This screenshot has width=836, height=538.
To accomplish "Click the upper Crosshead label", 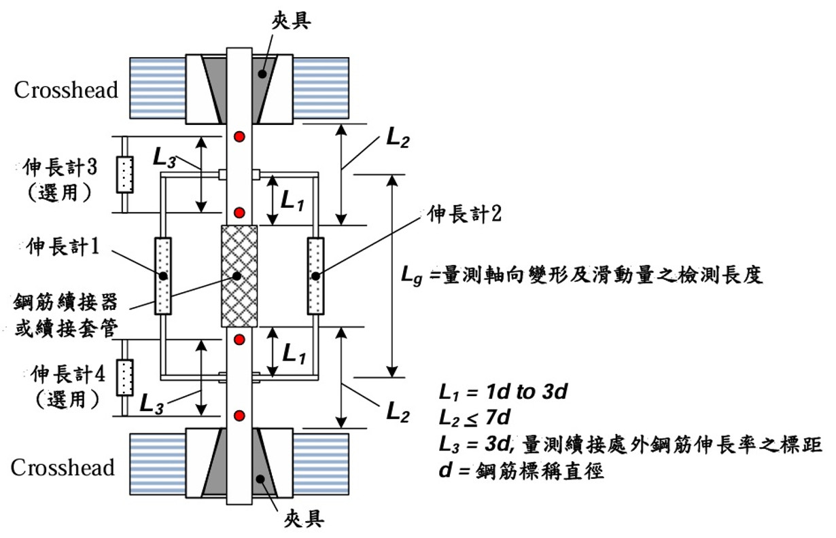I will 66,90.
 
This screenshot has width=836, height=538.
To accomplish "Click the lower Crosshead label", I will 63,468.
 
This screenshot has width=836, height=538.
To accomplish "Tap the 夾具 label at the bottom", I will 302,520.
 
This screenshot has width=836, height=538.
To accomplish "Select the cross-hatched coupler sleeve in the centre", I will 239,276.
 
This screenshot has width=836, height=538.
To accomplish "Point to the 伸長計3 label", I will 66,166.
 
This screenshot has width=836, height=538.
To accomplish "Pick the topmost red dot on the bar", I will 239,138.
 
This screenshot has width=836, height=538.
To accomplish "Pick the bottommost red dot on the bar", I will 239,415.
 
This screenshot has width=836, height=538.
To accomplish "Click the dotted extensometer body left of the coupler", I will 163,276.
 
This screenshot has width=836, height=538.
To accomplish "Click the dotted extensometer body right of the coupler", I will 315,276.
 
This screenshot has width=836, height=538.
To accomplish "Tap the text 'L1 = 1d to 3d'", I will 504,392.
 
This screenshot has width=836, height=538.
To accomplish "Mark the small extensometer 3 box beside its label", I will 124,174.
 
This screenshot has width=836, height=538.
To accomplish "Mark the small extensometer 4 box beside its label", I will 124,378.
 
